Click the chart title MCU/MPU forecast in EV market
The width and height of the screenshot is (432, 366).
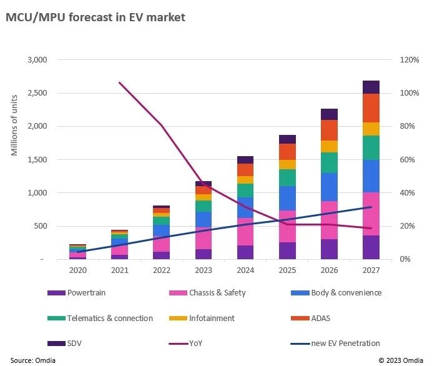[x=96, y=17]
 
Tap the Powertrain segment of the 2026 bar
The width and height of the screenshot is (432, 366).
[x=329, y=249]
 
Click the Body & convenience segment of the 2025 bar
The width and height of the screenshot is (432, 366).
[x=287, y=198]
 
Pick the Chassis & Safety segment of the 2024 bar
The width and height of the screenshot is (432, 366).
[x=245, y=231]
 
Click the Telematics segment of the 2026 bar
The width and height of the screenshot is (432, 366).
[x=329, y=162]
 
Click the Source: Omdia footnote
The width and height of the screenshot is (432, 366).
[x=31, y=360]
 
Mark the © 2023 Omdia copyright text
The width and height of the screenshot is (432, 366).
[x=400, y=360]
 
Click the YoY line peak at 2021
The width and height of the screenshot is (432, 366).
[x=119, y=82]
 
